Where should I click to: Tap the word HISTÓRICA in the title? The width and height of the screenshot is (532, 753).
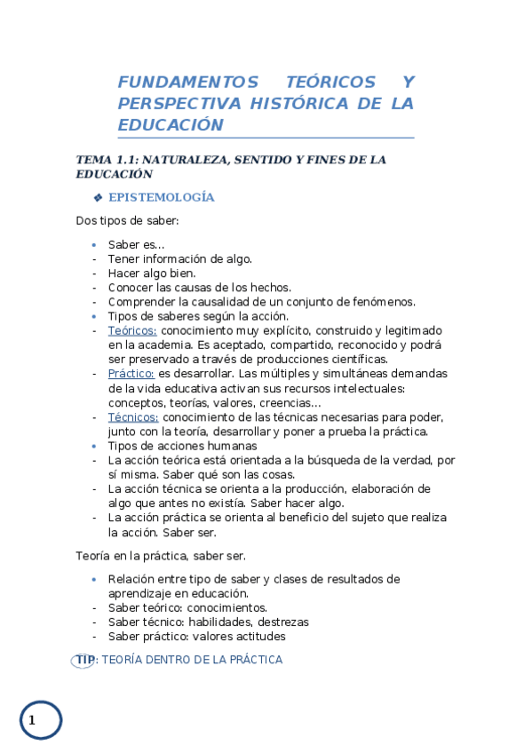299,104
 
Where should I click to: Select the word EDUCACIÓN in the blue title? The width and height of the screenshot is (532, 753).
170,125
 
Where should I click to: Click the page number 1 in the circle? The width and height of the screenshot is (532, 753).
32,720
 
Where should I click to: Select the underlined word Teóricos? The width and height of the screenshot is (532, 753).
132,330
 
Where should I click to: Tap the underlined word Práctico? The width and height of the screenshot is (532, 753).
131,374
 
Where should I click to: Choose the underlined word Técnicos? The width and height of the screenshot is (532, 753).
133,416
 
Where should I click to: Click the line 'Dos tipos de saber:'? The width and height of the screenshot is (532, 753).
128,220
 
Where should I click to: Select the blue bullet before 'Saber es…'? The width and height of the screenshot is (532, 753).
94,244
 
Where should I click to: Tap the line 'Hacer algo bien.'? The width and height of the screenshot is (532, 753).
152,273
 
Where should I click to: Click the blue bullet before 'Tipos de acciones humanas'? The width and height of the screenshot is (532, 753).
94,445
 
